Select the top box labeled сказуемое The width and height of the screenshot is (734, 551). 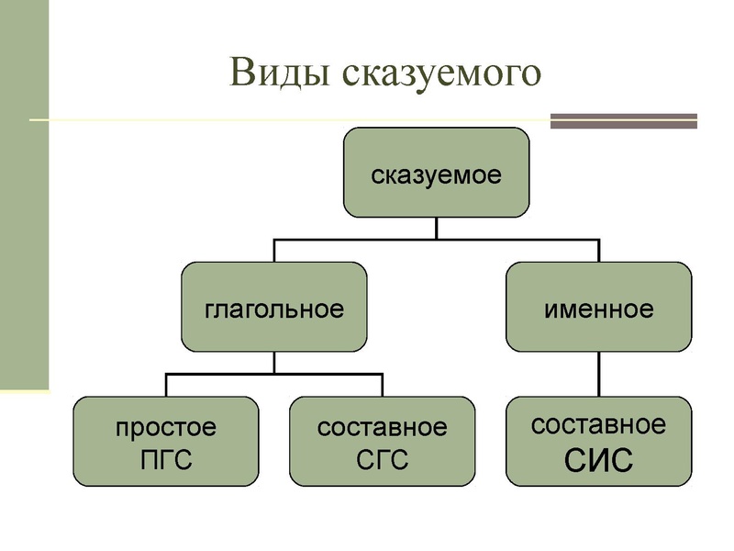[x=436, y=173]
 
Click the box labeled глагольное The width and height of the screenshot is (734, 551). [x=273, y=307]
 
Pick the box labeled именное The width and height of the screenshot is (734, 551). [x=598, y=307]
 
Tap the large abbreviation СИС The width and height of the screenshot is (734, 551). [x=598, y=460]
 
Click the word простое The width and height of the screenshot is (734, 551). [x=166, y=427]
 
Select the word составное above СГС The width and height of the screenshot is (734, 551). [x=382, y=427]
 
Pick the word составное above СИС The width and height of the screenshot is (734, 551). [x=598, y=424]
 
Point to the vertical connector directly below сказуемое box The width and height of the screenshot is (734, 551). [x=436, y=228]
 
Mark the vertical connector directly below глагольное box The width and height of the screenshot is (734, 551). [x=273, y=362]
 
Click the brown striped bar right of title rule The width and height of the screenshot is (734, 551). [x=623, y=120]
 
